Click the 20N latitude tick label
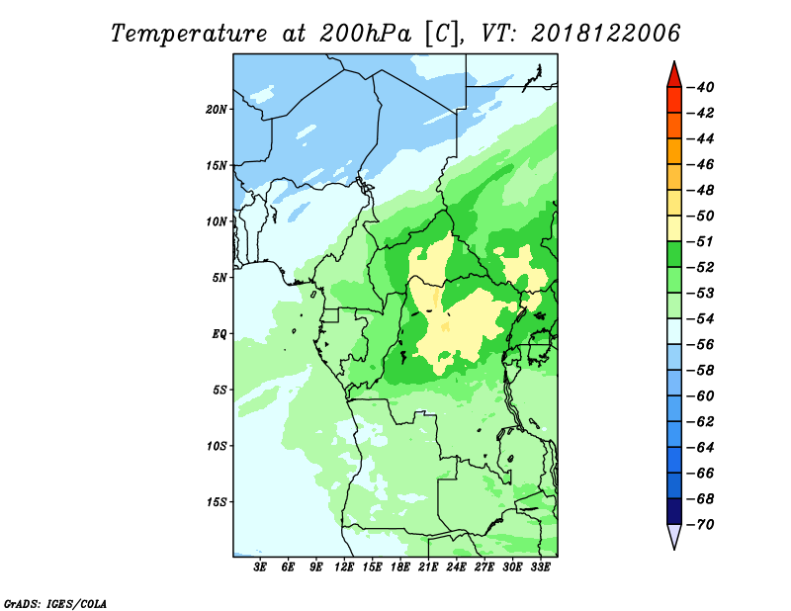217,109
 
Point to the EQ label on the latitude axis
220,333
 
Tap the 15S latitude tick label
217,501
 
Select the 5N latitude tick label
220,277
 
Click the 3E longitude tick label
261,567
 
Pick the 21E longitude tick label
429,567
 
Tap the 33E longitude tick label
541,567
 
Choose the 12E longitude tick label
345,567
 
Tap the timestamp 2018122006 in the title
606,33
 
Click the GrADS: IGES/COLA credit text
55,602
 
